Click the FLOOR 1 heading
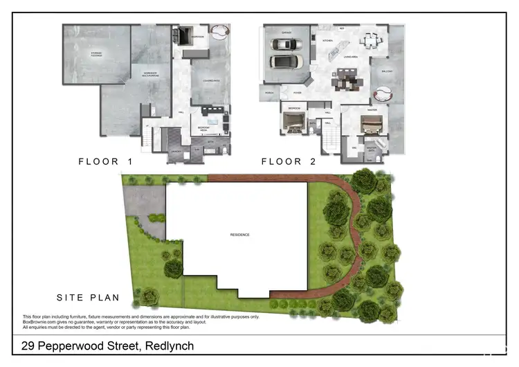point(105,161)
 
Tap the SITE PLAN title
point(88,298)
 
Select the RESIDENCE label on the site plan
point(239,235)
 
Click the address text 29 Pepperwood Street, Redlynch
point(107,346)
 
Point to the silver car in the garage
point(286,44)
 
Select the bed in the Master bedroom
point(372,123)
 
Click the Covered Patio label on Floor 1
point(210,80)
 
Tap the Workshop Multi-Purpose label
point(152,73)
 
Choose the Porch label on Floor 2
point(269,91)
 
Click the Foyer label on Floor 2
point(298,91)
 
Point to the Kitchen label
point(328,40)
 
